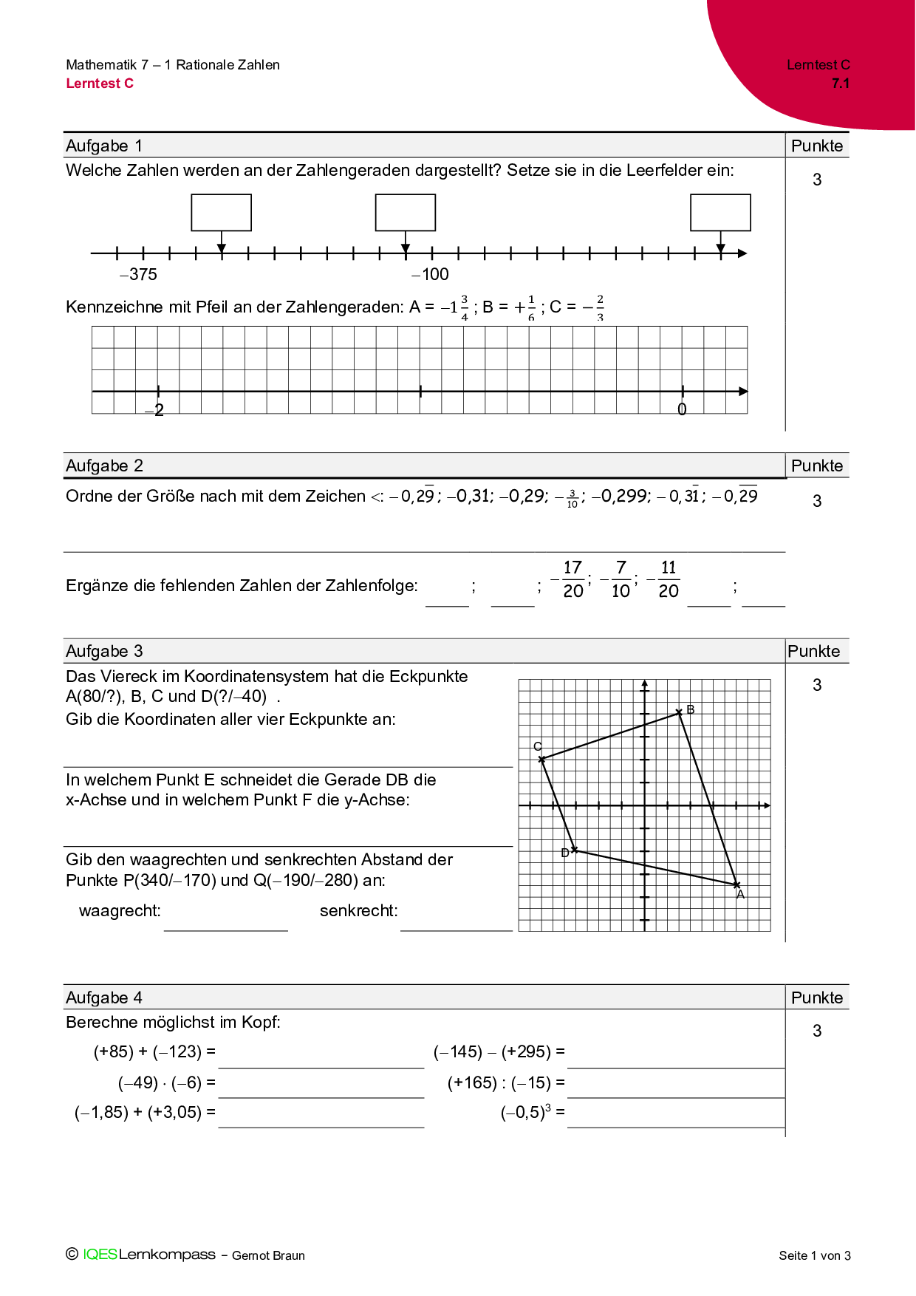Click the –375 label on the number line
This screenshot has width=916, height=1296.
click(139, 275)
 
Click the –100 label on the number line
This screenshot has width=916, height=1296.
click(431, 275)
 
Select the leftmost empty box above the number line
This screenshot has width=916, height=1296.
click(222, 213)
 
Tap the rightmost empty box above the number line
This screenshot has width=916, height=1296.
click(720, 213)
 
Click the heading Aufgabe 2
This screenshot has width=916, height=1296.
click(104, 465)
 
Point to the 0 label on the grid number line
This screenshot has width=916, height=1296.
click(682, 409)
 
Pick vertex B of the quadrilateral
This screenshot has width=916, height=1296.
click(680, 712)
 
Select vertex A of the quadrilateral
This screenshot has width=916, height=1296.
click(736, 884)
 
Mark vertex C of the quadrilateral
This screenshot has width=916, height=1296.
click(541, 759)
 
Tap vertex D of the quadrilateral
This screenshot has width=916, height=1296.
click(575, 850)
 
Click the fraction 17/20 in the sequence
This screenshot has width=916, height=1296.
click(572, 579)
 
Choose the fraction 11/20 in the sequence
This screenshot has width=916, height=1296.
click(668, 579)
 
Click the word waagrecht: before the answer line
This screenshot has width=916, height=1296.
click(120, 911)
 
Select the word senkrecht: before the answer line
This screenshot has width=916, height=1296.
click(358, 911)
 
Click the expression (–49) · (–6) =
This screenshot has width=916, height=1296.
click(166, 1082)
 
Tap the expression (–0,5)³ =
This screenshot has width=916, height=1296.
click(532, 1112)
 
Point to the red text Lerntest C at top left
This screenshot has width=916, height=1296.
click(100, 83)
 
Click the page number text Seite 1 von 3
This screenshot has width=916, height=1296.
click(814, 1255)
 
